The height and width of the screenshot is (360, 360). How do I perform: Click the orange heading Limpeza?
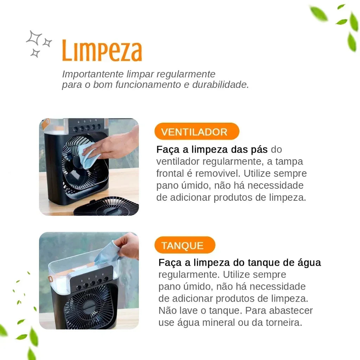pos(102,51)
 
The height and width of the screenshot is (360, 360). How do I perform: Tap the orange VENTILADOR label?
pos(194,132)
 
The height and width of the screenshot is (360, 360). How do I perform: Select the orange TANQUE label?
pos(182,245)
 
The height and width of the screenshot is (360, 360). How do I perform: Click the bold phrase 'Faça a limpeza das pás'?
pos(212,149)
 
